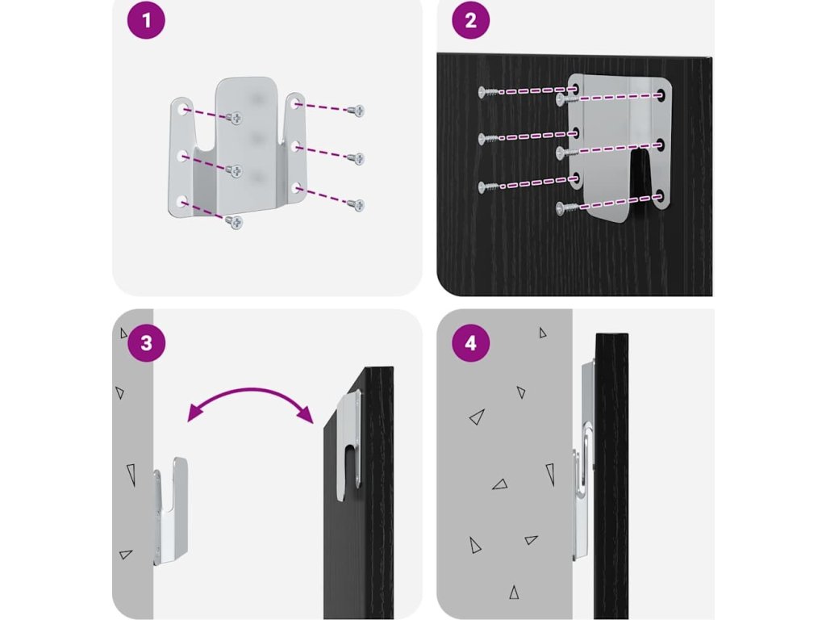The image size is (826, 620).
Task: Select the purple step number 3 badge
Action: point(146,342)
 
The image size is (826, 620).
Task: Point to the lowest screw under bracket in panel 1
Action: point(235,220)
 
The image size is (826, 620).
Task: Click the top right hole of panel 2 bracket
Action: point(661,95)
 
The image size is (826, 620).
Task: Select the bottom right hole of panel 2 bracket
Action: point(661,196)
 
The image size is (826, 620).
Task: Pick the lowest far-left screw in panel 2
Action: point(486,187)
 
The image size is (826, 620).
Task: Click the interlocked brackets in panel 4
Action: point(583,460)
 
